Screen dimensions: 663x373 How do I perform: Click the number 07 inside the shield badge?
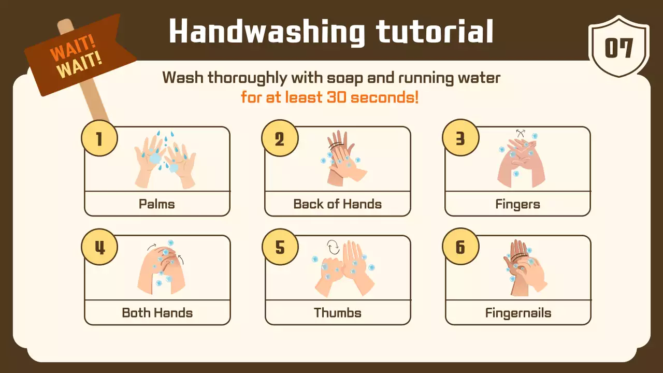[619, 48]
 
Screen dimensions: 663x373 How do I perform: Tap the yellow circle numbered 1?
[99, 138]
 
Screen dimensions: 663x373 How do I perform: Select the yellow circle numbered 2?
[280, 138]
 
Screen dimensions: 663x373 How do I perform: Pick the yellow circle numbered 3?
[460, 138]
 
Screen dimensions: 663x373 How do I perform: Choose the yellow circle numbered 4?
[99, 247]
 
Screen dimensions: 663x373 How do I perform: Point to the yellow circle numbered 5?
[280, 247]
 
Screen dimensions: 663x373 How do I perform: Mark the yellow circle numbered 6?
[460, 246]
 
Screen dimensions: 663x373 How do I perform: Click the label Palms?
[157, 204]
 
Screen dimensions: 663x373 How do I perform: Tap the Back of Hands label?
[337, 204]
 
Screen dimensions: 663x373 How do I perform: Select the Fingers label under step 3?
[517, 204]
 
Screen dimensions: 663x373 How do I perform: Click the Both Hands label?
[157, 312]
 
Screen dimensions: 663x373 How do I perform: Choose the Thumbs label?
[338, 312]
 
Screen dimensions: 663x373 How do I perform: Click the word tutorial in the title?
[435, 31]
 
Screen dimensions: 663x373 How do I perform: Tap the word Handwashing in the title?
[267, 32]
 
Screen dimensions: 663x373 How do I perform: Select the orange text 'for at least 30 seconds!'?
[330, 97]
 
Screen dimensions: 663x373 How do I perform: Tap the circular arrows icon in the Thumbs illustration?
[333, 247]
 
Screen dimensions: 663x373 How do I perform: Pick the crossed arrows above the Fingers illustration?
[521, 133]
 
